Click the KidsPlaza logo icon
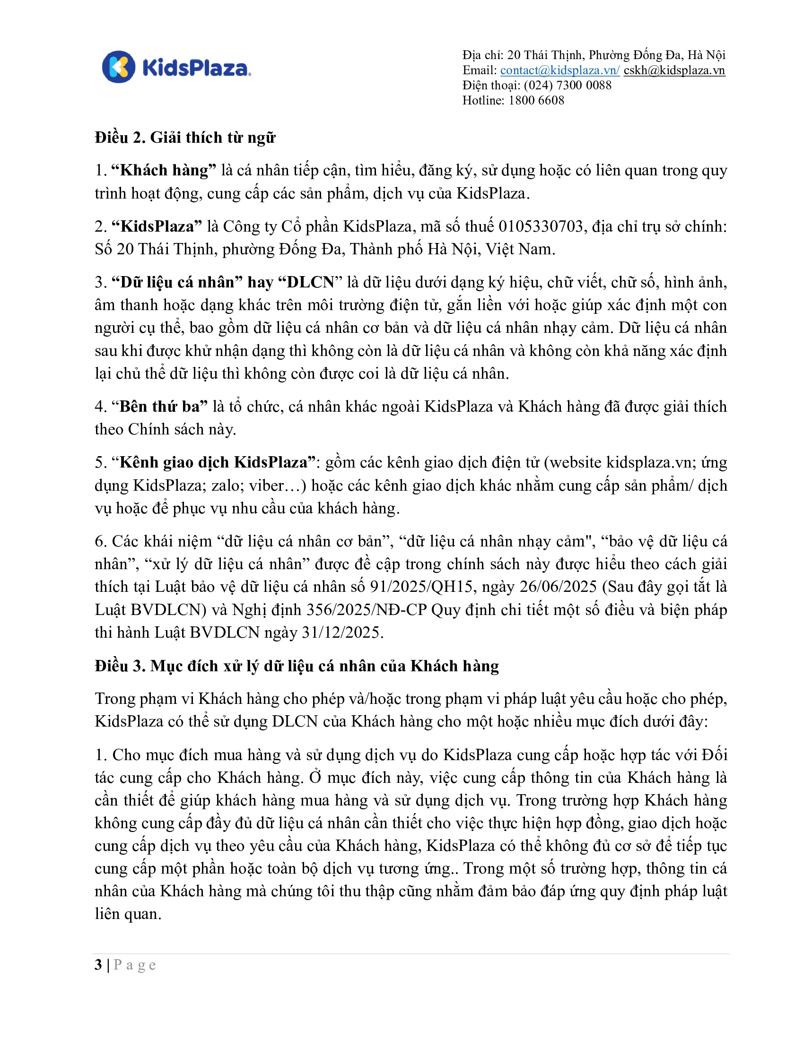(119, 67)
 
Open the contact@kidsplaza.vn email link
(559, 70)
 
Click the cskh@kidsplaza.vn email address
(674, 70)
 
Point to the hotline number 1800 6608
(536, 101)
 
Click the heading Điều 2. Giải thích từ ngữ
(185, 138)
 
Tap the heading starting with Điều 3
(296, 666)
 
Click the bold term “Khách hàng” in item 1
(163, 171)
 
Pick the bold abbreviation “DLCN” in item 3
(311, 282)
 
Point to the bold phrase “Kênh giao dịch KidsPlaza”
(214, 462)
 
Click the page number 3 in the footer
(98, 965)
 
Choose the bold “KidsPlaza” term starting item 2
(157, 226)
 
